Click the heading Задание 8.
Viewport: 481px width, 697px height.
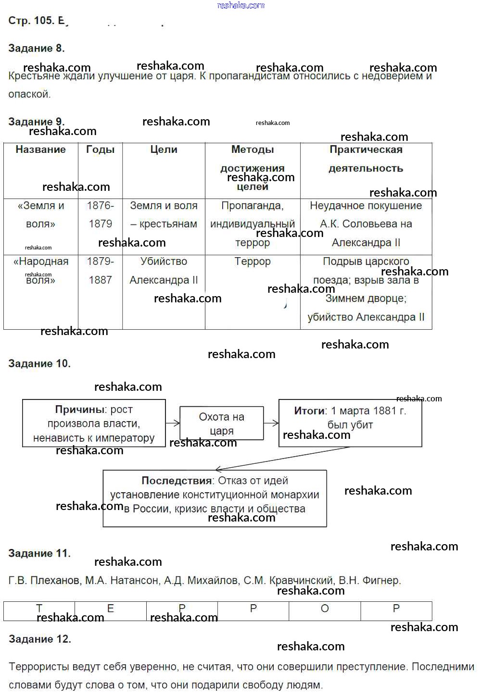click(x=37, y=48)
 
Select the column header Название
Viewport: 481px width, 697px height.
click(x=40, y=149)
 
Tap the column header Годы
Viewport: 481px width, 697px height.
click(x=100, y=149)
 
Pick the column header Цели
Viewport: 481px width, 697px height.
click(x=164, y=149)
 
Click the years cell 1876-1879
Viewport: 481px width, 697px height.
click(x=100, y=215)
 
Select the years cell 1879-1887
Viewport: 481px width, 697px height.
click(x=100, y=271)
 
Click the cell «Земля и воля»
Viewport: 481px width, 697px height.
click(x=40, y=215)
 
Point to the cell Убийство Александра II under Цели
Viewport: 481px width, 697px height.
click(x=164, y=271)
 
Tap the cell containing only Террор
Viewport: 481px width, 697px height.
click(x=253, y=261)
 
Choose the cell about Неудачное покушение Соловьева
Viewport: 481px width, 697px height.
click(x=366, y=224)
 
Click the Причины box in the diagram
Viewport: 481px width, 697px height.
click(x=94, y=423)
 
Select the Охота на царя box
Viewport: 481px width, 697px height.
click(x=221, y=423)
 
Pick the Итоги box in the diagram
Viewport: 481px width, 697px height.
click(x=350, y=418)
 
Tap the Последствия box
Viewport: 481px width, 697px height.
click(x=215, y=495)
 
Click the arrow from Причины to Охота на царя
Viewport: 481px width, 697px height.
click(x=173, y=423)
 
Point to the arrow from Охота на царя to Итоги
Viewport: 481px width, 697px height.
click(x=271, y=423)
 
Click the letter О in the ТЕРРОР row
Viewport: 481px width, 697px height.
click(x=325, y=609)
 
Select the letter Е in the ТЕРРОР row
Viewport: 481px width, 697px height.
click(x=111, y=609)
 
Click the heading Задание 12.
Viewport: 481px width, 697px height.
click(x=40, y=639)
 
